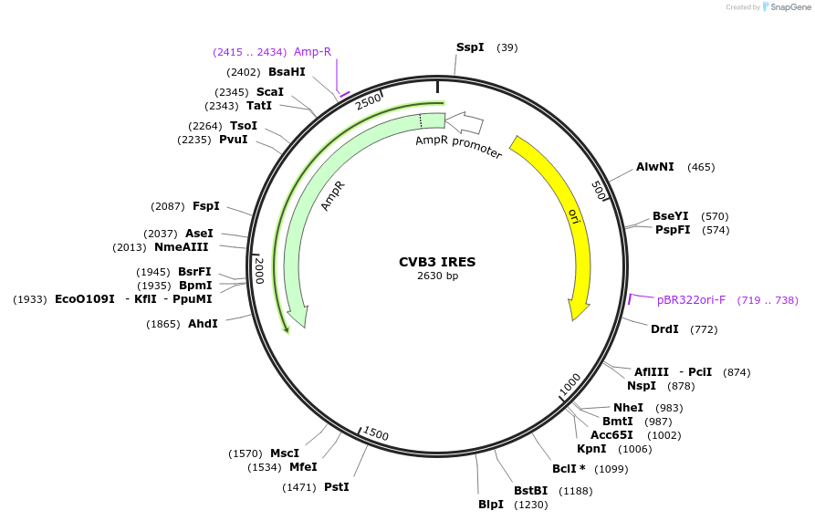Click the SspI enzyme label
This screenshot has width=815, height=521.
pos(470,47)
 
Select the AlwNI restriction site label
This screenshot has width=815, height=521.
pos(654,167)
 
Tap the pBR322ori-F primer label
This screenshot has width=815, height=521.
pos(691,299)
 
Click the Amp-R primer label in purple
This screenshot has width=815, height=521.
pos(312,52)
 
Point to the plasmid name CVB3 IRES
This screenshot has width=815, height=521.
pos(437,262)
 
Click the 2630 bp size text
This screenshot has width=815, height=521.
pos(437,276)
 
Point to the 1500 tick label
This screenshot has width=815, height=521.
pos(376,433)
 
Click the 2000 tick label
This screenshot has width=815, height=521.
pos(259,270)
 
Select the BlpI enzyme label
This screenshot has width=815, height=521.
pos(491,505)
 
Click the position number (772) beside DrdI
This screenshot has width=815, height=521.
pos(704,329)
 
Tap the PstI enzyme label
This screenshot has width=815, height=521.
pos(337,487)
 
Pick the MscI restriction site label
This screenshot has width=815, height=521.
pos(285,453)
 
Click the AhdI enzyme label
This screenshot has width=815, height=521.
pos(203,324)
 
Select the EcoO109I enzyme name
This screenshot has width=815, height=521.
pos(85,299)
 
